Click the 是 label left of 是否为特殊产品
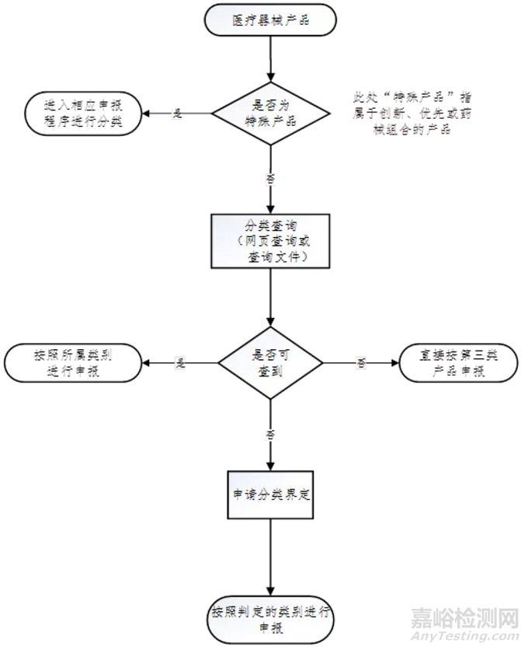(177, 114)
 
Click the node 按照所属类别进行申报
(73, 363)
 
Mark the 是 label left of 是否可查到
(181, 363)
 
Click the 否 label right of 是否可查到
(360, 363)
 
